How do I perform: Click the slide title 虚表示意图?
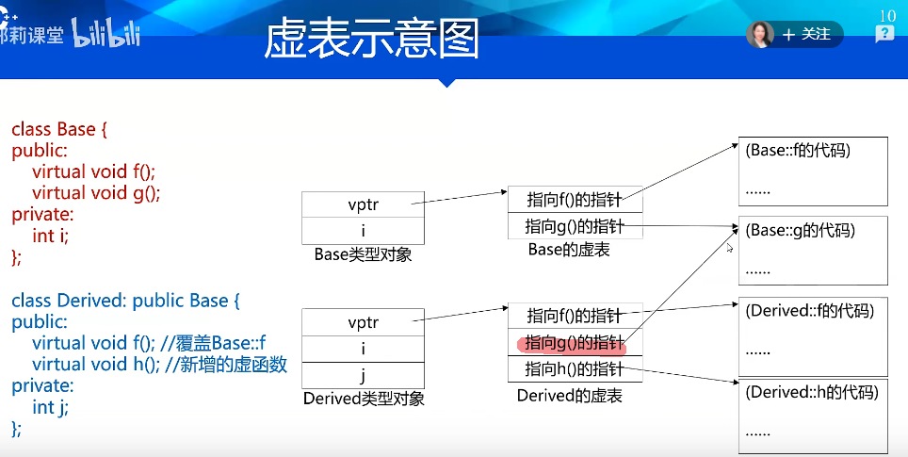(x=371, y=39)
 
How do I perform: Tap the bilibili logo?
(x=106, y=32)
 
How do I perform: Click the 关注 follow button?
(x=806, y=34)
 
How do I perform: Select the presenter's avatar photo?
(x=760, y=34)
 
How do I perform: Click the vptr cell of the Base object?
(x=363, y=204)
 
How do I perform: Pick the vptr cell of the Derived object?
(x=363, y=322)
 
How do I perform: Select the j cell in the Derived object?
(x=363, y=375)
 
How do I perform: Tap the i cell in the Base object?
(x=363, y=231)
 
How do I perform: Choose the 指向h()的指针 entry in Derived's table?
(x=575, y=369)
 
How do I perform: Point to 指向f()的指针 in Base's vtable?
(x=575, y=200)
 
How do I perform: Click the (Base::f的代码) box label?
(x=798, y=151)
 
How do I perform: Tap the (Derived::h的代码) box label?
(x=812, y=392)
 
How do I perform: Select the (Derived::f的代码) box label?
(x=809, y=311)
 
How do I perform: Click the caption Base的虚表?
(x=569, y=250)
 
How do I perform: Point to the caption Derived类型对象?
(x=364, y=399)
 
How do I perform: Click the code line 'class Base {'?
(x=59, y=129)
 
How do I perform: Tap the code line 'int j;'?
(x=50, y=407)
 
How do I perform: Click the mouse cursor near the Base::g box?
(x=730, y=247)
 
